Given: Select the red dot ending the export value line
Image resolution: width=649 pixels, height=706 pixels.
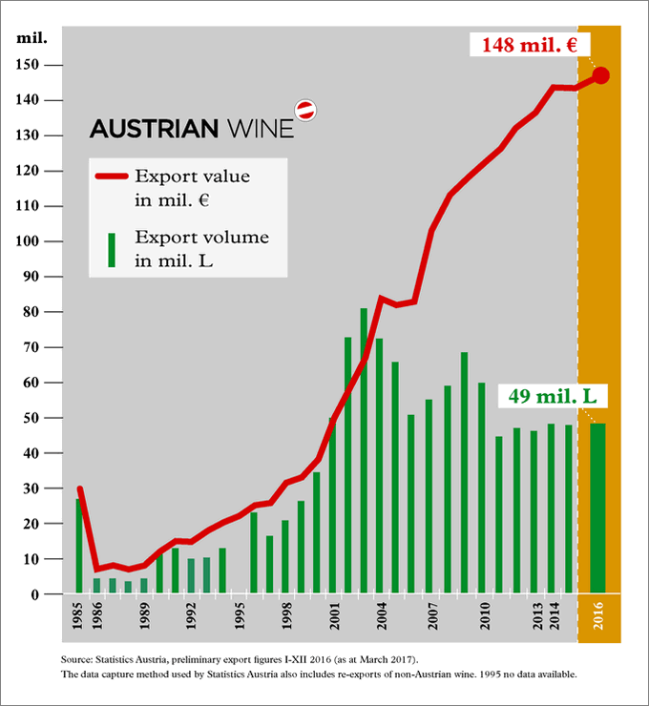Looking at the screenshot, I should [x=600, y=75].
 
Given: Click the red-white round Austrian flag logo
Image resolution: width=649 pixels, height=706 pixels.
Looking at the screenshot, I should [x=304, y=110].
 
